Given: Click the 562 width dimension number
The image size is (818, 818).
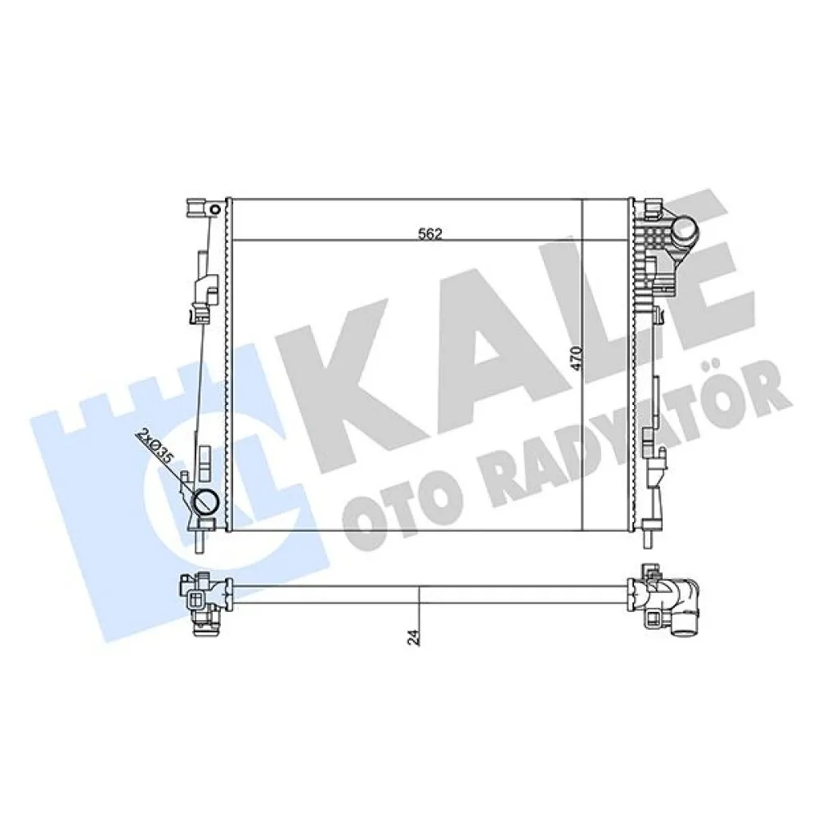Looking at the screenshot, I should coord(429,233).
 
